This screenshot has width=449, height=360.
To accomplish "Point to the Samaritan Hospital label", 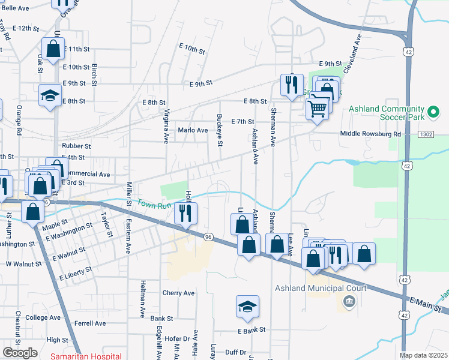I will [86, 356].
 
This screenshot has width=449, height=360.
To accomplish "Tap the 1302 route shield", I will [426, 134].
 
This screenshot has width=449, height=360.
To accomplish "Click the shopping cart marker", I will [318, 109].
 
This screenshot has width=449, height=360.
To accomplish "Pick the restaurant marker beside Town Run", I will [186, 213].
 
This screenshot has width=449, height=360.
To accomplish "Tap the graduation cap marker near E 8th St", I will [50, 95].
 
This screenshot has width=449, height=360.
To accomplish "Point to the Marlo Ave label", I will [193, 130].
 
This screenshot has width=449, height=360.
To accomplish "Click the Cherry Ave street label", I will [179, 293].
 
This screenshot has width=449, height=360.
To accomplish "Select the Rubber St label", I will [76, 146].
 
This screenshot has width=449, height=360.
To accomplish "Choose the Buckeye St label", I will [220, 130].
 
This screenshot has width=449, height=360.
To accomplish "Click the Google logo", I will [20, 353].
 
